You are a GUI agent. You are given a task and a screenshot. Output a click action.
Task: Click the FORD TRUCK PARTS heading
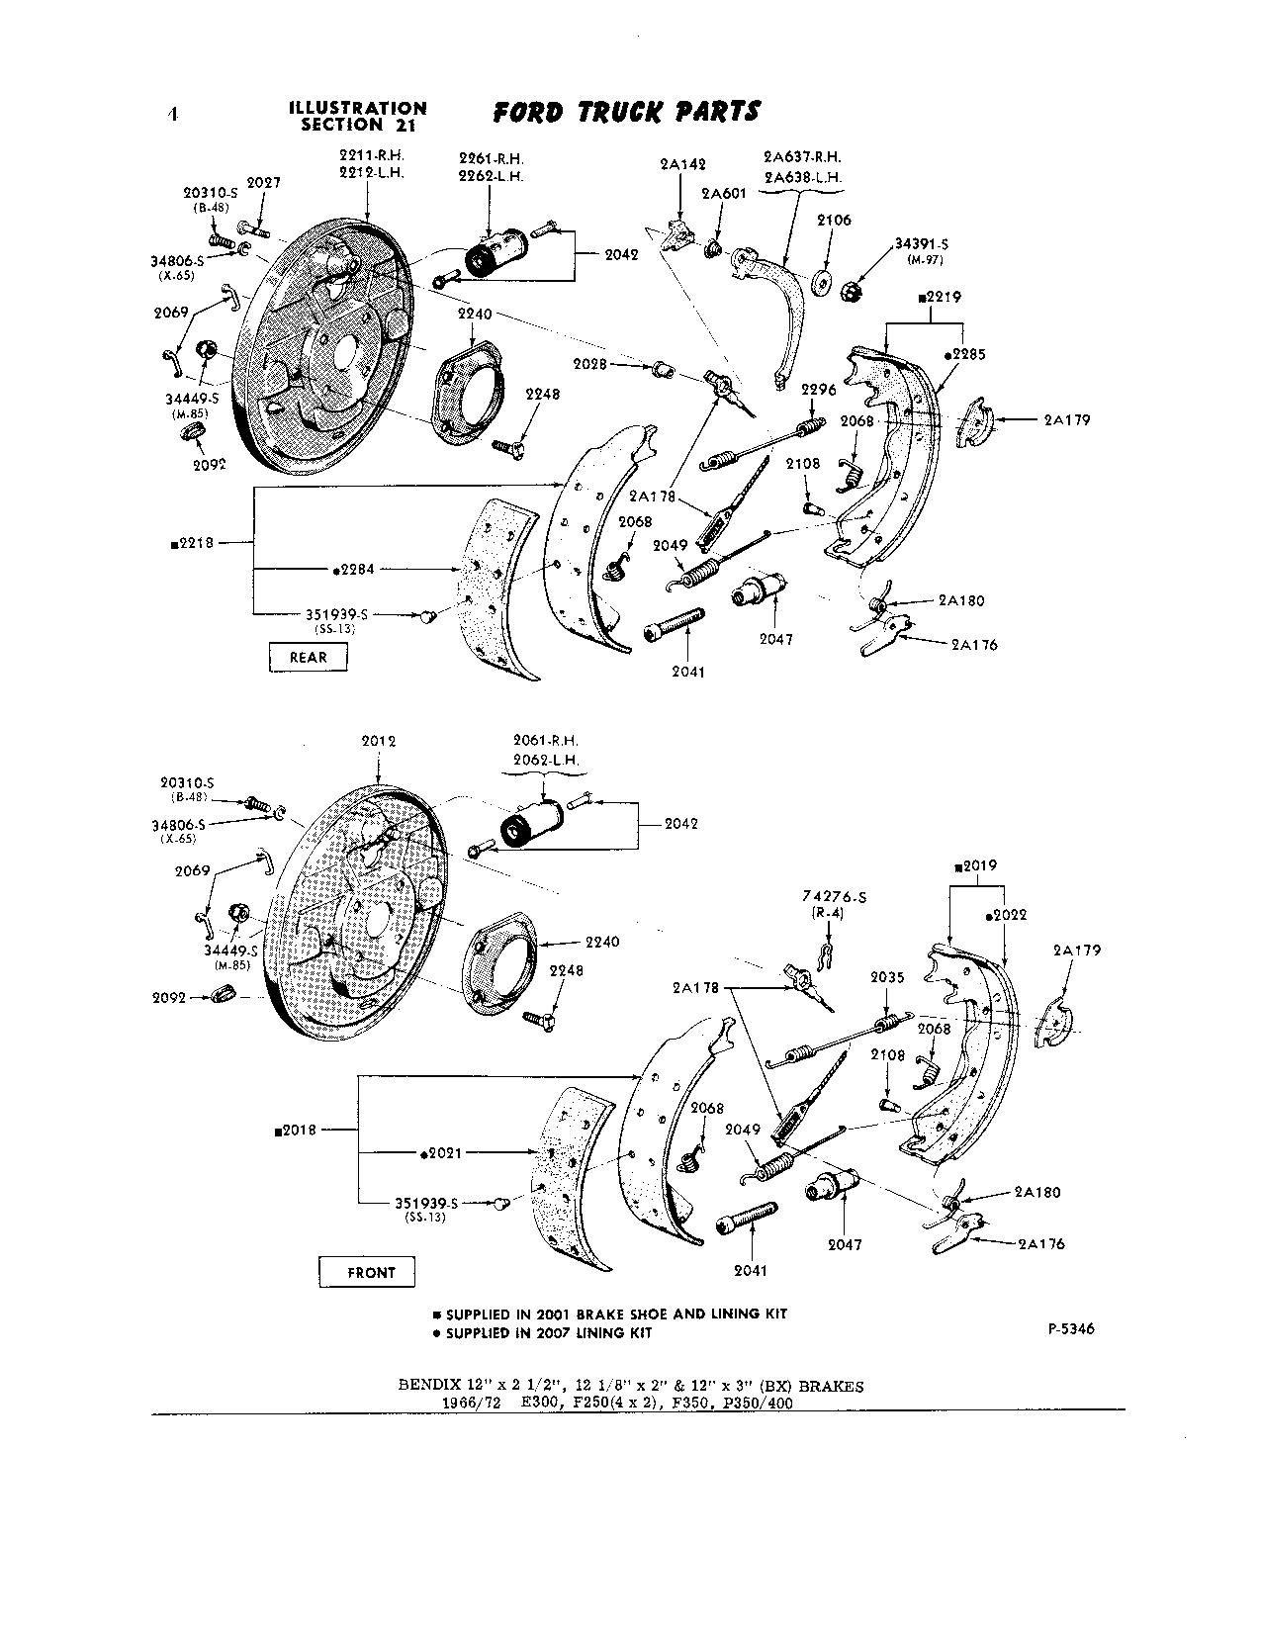tap(626, 112)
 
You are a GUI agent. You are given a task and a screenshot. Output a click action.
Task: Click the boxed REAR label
tap(308, 657)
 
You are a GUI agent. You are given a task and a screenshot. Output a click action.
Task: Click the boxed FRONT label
tap(371, 1272)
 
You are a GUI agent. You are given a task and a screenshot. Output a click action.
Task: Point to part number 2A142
tap(680, 165)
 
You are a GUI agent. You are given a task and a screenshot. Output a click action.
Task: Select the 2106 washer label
tap(834, 221)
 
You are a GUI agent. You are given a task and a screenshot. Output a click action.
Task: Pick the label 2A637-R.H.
tap(802, 157)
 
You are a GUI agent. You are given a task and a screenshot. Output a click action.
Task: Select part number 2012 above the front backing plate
tap(378, 741)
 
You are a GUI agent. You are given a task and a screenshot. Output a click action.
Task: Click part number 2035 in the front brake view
tap(887, 977)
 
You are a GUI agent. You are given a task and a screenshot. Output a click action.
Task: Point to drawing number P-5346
tap(1070, 1329)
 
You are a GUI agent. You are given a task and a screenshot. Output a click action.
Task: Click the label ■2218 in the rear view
tap(194, 542)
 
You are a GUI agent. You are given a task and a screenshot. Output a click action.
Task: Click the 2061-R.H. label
tap(546, 741)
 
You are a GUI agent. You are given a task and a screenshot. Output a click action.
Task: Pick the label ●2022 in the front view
tap(1006, 915)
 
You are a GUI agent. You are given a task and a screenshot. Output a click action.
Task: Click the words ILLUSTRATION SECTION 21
tap(357, 116)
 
